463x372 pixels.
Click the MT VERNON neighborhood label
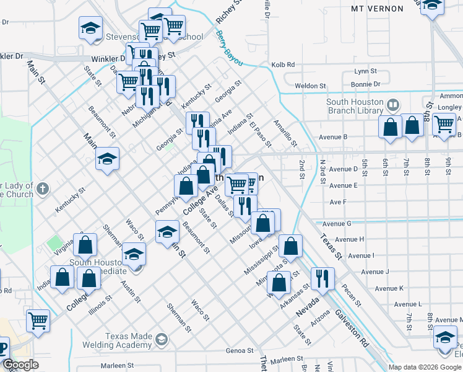(x=377, y=9)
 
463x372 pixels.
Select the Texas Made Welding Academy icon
(x=162, y=339)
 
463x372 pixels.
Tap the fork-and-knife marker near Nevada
(x=322, y=279)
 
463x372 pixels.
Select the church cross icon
(x=42, y=188)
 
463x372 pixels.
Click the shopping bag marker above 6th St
(x=390, y=128)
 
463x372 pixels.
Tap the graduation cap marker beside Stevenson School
(x=90, y=29)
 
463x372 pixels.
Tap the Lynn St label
(x=365, y=71)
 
